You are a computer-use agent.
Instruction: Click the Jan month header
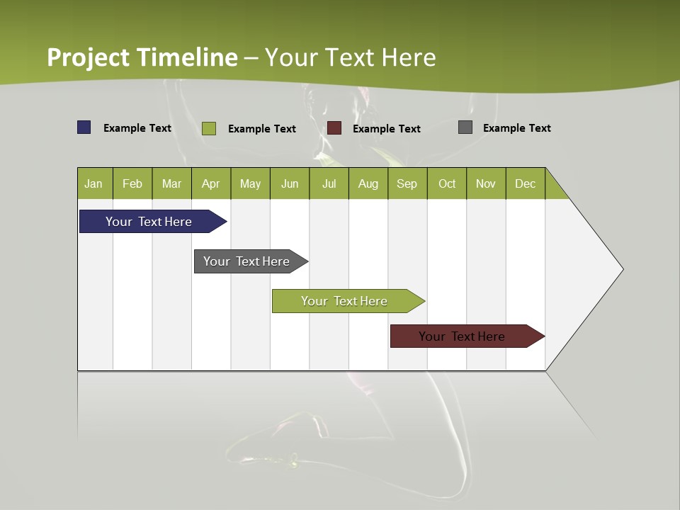(94, 183)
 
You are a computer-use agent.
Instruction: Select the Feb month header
(132, 183)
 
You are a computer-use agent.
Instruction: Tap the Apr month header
(211, 183)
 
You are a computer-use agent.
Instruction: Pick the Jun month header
(290, 183)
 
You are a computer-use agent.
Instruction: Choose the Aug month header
(368, 183)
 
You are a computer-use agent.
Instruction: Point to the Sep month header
(407, 183)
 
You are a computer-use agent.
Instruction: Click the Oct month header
(447, 183)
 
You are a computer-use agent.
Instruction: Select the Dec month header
(526, 183)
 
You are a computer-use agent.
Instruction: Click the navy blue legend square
(84, 127)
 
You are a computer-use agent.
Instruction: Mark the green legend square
(209, 128)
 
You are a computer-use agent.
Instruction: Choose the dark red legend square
(334, 128)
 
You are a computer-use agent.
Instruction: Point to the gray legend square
(465, 127)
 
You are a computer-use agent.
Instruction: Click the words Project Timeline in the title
(142, 57)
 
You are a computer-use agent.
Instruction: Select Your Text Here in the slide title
(351, 57)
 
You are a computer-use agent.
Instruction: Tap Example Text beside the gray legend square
(516, 128)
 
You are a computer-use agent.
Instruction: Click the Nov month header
(486, 183)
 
